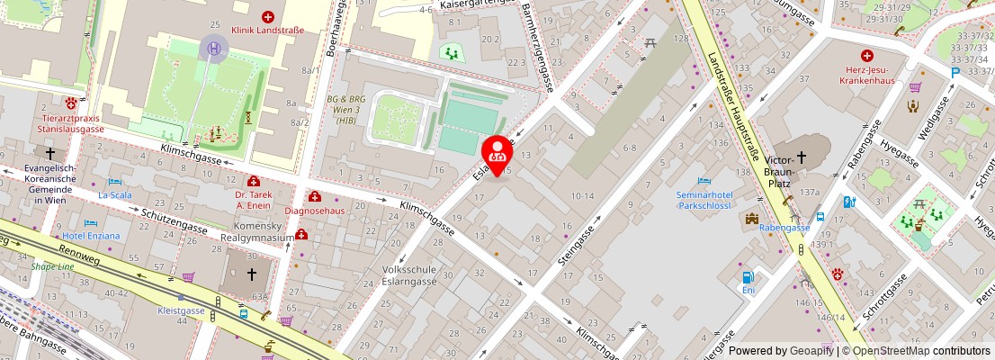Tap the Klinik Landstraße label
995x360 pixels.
coord(267,30)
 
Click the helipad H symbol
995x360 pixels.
coord(214,48)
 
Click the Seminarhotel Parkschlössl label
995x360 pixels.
coord(705,199)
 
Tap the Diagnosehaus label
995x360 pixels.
coord(314,211)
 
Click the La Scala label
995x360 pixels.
coord(114,193)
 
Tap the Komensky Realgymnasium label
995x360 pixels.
coord(264,231)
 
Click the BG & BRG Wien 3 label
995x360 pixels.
coord(345,111)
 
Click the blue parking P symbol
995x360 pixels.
coord(955,72)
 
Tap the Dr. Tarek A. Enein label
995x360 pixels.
coord(253,199)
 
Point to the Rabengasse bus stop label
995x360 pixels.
coord(784,228)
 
